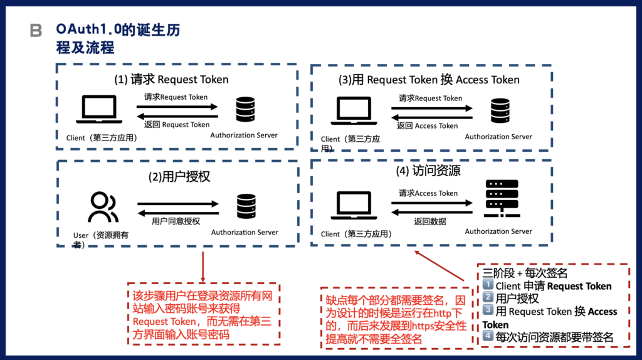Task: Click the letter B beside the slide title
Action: (36, 30)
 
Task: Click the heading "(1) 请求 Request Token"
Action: (171, 80)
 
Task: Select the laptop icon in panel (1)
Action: (95, 110)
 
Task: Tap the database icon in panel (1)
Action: (245, 110)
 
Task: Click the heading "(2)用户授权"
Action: (179, 177)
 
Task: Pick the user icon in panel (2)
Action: (103, 208)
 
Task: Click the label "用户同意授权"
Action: (176, 221)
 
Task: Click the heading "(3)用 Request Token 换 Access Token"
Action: (430, 80)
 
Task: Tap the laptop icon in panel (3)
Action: (354, 111)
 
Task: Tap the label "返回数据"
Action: (430, 221)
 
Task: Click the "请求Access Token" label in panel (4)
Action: (428, 193)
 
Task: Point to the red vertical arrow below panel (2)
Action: (203, 267)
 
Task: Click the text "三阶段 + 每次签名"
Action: (525, 273)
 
